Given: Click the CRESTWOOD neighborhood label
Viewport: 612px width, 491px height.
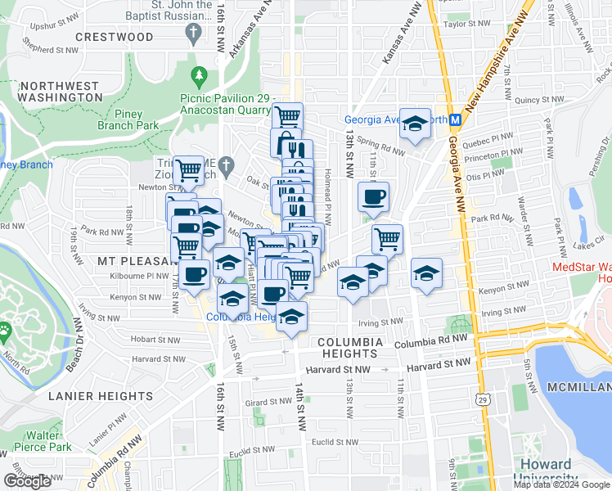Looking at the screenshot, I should click(x=114, y=37).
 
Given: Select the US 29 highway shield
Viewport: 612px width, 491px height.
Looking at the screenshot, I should click(x=480, y=395).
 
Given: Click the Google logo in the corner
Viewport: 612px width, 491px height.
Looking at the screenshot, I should click(x=27, y=481).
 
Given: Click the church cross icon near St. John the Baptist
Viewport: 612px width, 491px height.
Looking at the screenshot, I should click(x=194, y=34).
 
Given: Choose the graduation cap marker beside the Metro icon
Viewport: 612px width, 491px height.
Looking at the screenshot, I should click(x=416, y=124).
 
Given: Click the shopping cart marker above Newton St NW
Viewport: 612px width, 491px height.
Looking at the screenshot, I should click(x=189, y=171).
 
